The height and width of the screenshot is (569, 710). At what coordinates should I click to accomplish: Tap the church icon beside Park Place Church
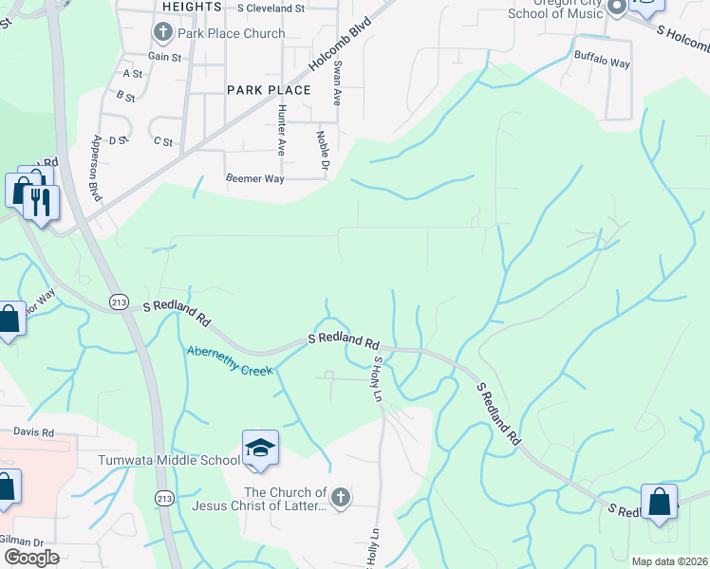pos(161,33)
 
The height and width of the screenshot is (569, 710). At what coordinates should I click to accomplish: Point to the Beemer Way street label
pos(254,178)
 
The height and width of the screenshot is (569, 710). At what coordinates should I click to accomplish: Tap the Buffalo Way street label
pos(602,64)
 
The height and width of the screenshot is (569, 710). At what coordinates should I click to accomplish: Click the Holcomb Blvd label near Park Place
pos(339,47)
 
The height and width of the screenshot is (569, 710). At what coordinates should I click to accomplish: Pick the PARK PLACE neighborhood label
pos(269,90)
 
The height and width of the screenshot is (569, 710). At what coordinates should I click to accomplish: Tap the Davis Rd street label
pos(34,432)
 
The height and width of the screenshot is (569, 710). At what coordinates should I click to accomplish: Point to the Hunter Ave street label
pos(281,129)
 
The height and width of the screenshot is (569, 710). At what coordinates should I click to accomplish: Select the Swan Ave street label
pos(336,83)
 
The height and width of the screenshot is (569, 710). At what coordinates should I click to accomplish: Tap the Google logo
pos(31,558)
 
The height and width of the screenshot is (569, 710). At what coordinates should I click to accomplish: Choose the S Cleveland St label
pos(271,7)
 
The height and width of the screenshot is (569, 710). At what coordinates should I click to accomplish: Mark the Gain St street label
pos(164,57)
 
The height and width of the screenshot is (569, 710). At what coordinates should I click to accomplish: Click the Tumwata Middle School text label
pos(169,461)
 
